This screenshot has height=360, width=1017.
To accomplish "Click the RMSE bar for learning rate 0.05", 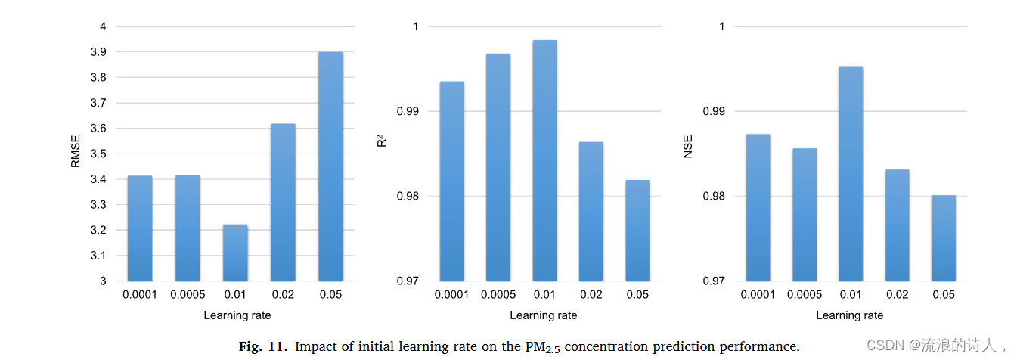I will [330, 166].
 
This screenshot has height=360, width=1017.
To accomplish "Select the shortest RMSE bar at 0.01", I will [235, 253].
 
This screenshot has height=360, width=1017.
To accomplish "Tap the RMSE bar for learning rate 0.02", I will [283, 202].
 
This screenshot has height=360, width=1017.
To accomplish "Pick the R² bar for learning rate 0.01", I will [544, 160].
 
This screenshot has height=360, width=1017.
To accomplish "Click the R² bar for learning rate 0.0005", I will [498, 167].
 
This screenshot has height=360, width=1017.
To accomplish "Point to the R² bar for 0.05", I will [637, 230].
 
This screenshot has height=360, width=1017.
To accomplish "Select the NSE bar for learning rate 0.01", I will [850, 173].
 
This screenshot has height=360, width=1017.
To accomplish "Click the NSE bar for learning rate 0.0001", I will [758, 207].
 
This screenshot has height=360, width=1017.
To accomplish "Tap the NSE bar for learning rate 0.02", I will [897, 225].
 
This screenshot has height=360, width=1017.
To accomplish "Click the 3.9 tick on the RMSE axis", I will [98, 52].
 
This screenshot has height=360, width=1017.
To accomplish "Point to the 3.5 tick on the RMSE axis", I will [98, 154].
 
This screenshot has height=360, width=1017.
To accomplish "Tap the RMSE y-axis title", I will [75, 154].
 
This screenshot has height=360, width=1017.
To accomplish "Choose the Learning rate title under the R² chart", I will [543, 315].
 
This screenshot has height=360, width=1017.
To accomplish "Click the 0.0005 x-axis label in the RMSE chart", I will [188, 294].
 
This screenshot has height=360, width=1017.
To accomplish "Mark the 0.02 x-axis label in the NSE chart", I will [897, 294].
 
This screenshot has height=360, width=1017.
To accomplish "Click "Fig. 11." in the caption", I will [263, 346].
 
